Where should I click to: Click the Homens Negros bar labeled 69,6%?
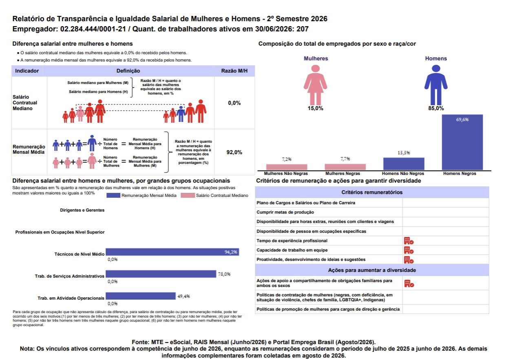point(462,142)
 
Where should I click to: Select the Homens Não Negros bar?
point(404,164)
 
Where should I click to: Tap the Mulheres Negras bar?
point(345,167)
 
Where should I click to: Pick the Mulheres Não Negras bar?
point(287,167)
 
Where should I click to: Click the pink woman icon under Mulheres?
point(315,85)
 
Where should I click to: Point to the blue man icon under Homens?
point(436,85)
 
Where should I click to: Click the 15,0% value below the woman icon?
point(315,108)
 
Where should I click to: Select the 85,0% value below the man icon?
point(436,108)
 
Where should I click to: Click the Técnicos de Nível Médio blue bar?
point(172,252)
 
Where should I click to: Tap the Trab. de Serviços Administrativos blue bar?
point(161,274)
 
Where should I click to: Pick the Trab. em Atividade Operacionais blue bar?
point(141,296)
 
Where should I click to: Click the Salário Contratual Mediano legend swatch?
point(188,195)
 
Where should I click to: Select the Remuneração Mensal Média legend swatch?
point(113,195)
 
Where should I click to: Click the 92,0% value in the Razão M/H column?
point(234,152)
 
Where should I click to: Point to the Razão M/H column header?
point(234,71)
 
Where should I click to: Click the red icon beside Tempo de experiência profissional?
point(409,241)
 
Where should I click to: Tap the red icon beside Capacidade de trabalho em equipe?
point(409,250)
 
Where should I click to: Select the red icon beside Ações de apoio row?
point(409,283)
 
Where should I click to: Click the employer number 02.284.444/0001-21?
point(93,29)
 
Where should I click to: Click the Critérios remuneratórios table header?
point(372,192)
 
